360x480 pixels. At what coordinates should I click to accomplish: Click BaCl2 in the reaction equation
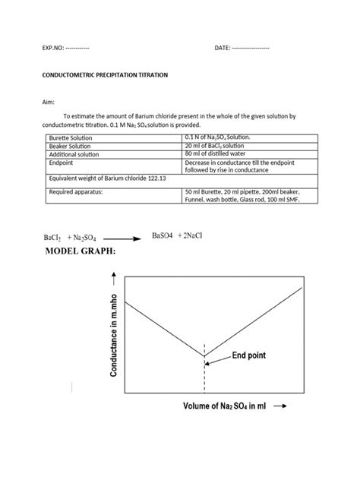52,238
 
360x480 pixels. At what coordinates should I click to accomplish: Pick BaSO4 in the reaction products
164,235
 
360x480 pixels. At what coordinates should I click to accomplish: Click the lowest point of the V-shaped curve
203,355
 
